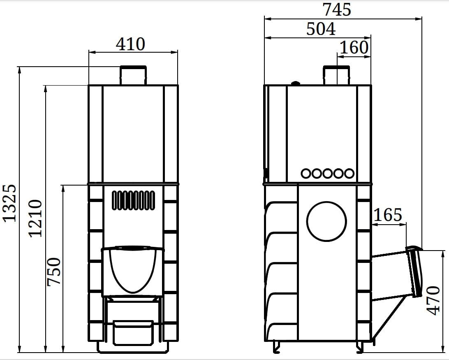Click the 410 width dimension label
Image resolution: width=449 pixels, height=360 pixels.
tap(131, 44)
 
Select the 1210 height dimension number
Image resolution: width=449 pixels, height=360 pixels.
tap(35, 218)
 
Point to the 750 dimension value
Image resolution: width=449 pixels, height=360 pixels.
tap(54, 272)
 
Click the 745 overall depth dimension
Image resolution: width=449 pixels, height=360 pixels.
tap(337, 9)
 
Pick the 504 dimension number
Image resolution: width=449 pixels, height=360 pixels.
tap(321, 29)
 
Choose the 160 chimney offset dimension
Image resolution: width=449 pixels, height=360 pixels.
tap(354, 47)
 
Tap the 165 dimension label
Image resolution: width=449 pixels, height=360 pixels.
tap(388, 215)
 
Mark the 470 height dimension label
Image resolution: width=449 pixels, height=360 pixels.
tap(433, 300)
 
